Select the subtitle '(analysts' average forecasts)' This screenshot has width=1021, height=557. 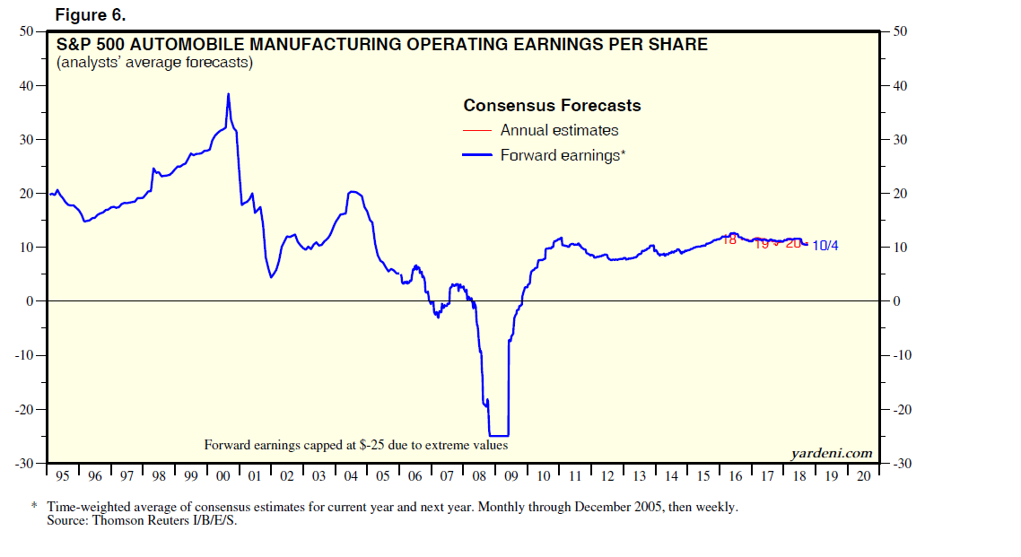click(x=154, y=63)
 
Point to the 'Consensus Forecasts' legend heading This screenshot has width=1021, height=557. click(x=552, y=106)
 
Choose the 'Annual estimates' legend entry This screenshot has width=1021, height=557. click(x=559, y=130)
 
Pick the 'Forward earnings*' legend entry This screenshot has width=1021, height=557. click(x=563, y=155)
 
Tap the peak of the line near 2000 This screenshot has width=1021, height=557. click(x=228, y=93)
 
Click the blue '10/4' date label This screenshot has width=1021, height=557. click(x=825, y=246)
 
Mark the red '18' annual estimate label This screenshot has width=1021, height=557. click(x=729, y=239)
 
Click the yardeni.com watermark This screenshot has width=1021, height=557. click(x=831, y=453)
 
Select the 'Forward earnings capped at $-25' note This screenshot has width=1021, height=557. click(x=356, y=445)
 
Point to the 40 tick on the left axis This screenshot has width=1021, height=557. click(x=27, y=86)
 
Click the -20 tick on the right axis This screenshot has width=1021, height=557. click(x=901, y=409)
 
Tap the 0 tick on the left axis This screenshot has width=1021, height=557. click(x=30, y=301)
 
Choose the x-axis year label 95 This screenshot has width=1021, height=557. click(x=62, y=475)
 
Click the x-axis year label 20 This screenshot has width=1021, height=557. click(x=862, y=475)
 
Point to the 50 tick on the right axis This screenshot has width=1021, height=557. click(x=900, y=32)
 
